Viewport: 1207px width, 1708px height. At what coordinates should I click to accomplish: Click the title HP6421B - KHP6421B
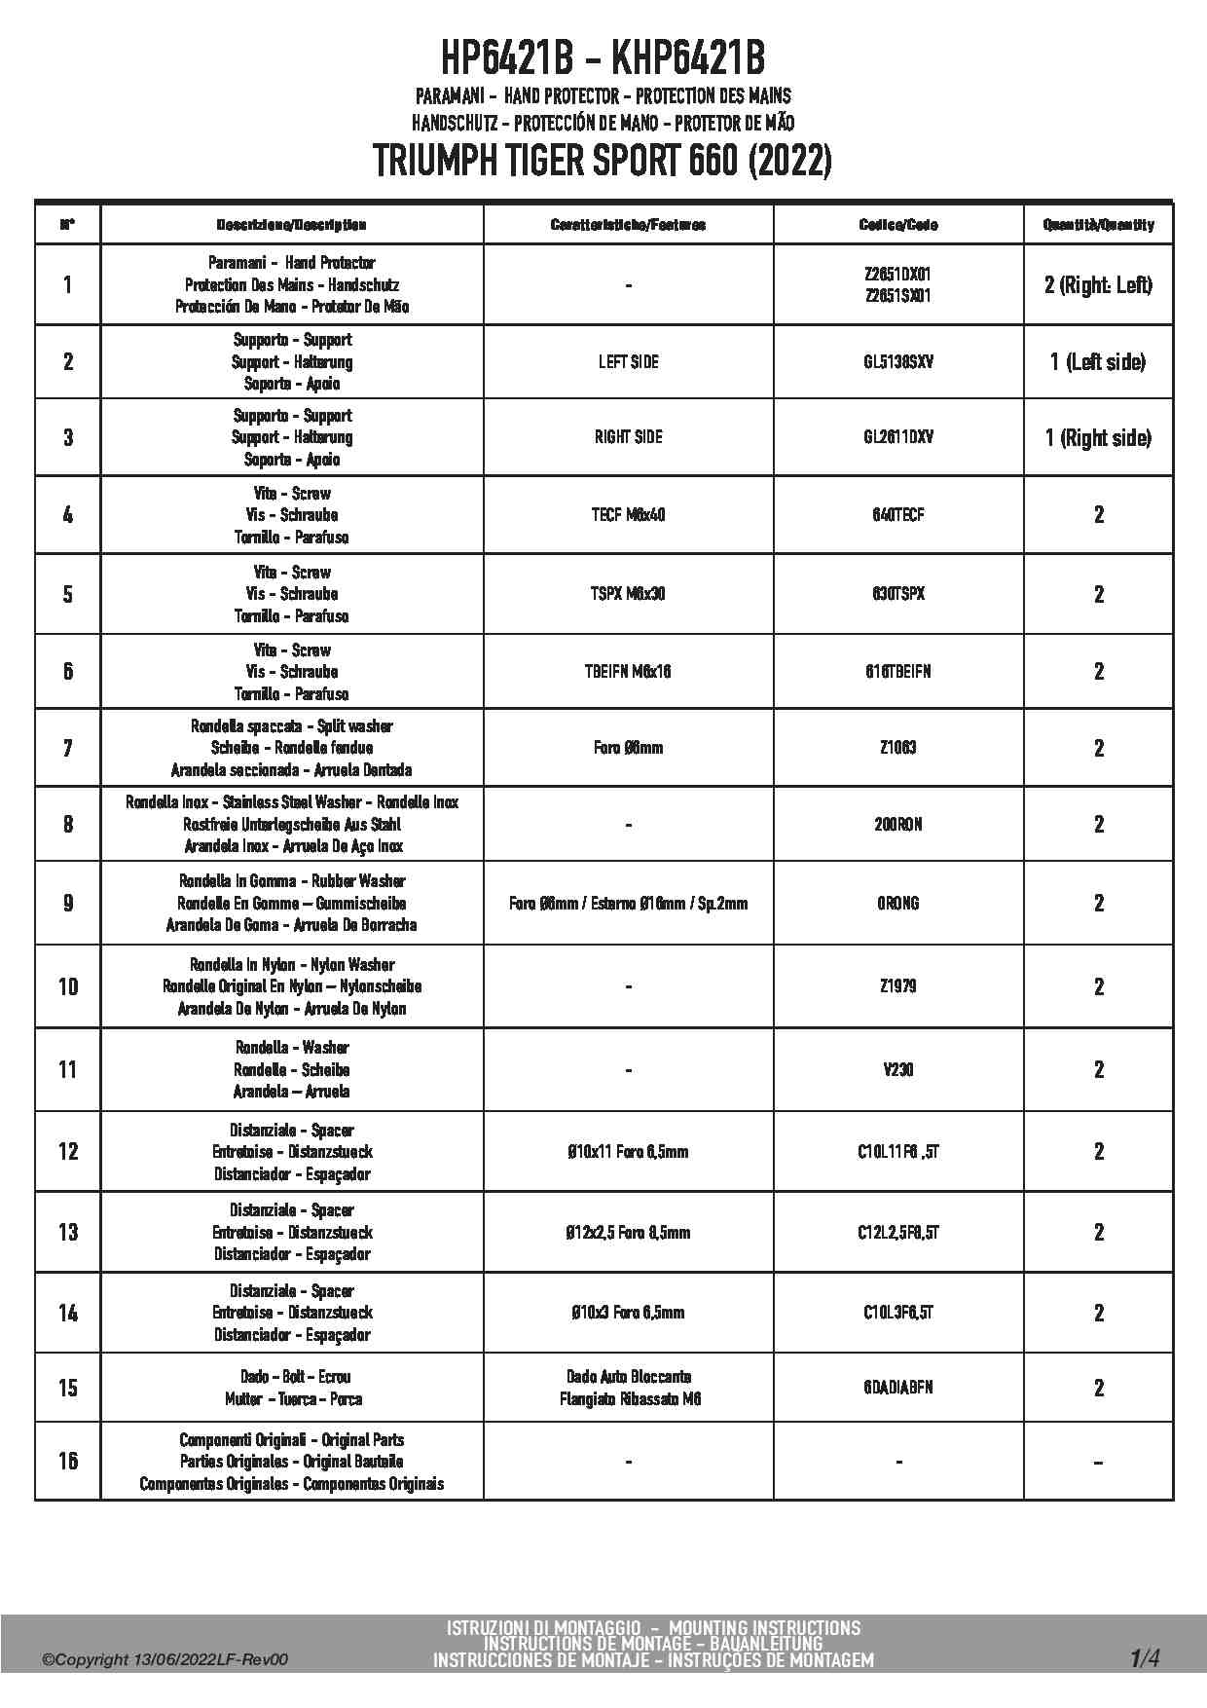(x=603, y=58)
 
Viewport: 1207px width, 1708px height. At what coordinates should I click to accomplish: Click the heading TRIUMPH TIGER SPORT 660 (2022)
(x=603, y=161)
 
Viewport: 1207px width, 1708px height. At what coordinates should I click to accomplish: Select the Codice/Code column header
(x=897, y=225)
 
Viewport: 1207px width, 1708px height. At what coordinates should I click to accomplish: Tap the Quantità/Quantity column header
(x=1098, y=225)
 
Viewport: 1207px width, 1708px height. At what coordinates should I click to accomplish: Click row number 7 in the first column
(x=67, y=748)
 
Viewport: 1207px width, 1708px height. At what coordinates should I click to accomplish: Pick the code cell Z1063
(x=897, y=748)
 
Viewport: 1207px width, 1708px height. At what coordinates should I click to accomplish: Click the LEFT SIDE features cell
(x=628, y=362)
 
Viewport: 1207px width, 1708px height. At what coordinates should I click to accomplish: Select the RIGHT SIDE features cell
(x=628, y=437)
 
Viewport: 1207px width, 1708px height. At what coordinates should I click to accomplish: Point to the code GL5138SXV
(x=897, y=362)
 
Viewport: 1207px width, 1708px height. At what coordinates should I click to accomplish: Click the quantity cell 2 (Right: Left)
(x=1098, y=285)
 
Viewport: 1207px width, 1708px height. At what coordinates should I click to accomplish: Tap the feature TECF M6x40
(x=628, y=515)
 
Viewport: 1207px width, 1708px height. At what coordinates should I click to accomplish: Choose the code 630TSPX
(x=897, y=594)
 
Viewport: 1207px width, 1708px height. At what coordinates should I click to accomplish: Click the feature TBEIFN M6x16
(x=628, y=672)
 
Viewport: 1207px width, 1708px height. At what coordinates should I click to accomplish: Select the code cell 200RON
(x=897, y=825)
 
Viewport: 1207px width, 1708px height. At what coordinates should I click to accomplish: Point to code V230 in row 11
(x=897, y=1070)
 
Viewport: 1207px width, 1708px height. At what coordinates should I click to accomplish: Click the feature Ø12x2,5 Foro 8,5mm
(x=628, y=1233)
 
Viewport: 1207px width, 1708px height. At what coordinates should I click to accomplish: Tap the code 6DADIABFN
(x=897, y=1388)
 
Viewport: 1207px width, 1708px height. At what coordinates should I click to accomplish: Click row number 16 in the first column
(x=67, y=1461)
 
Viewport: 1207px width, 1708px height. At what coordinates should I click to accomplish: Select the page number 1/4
(x=1145, y=1658)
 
